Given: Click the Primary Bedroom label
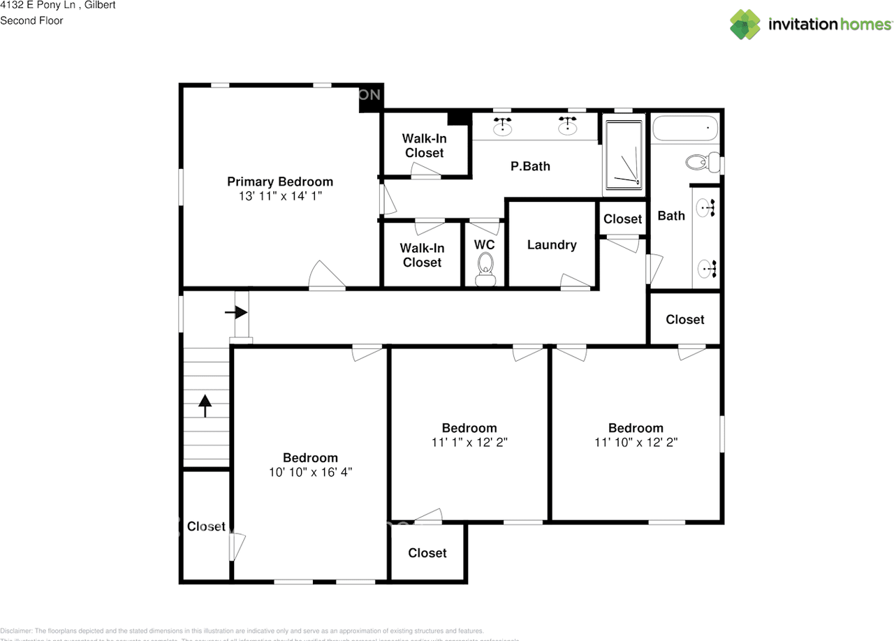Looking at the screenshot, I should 280,182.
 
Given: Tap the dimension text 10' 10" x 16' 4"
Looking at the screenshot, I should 310,472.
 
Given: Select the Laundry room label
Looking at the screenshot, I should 552,244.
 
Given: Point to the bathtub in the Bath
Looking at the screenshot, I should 685,129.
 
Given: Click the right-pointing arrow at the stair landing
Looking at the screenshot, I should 235,312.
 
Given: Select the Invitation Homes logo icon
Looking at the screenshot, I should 745,24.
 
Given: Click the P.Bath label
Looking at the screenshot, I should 530,166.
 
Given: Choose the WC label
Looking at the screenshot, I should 484,244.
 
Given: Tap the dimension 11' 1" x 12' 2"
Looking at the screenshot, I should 469,442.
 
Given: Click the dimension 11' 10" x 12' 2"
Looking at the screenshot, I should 636,442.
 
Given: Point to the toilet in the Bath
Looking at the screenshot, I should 701,163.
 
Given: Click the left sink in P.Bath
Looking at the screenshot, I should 503,127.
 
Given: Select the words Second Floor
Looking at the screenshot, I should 31,20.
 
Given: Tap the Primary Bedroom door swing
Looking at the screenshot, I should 325,277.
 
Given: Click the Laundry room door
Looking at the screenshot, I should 576,282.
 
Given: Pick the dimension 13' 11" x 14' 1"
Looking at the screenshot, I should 280,197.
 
